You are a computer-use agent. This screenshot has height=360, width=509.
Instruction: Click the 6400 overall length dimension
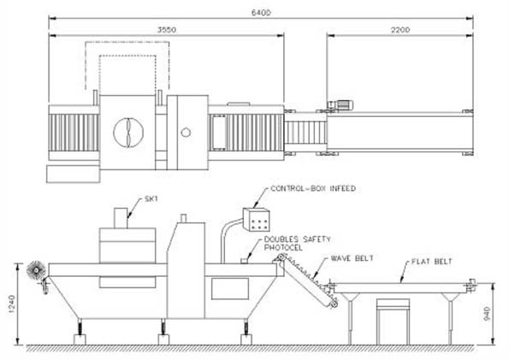(x=261, y=13)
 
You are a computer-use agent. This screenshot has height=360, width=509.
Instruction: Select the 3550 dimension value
(x=167, y=30)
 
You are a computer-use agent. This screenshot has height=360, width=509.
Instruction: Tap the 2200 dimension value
(x=400, y=30)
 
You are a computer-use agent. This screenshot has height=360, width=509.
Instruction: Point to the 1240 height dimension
(x=12, y=304)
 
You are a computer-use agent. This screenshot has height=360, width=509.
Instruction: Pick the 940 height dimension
(x=487, y=314)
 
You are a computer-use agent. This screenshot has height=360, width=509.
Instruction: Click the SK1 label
(x=151, y=199)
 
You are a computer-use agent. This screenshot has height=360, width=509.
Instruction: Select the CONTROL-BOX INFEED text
(x=313, y=188)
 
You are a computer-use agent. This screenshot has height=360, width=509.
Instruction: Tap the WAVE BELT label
(x=352, y=258)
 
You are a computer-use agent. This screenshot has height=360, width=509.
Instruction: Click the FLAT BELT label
(x=432, y=262)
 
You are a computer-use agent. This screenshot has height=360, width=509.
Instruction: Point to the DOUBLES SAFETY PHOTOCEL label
(x=298, y=244)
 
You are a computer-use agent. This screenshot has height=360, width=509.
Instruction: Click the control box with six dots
(x=256, y=220)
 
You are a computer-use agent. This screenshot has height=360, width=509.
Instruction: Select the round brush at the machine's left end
(x=36, y=270)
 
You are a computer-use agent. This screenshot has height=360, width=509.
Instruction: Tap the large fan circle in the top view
(x=128, y=133)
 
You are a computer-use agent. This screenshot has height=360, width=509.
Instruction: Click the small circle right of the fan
(x=186, y=133)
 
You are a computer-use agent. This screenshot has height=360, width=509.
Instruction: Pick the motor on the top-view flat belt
(x=340, y=105)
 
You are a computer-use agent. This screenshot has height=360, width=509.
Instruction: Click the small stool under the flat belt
(x=393, y=322)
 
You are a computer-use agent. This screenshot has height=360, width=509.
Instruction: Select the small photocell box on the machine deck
(x=244, y=261)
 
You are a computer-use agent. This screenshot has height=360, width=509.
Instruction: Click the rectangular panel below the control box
(x=230, y=288)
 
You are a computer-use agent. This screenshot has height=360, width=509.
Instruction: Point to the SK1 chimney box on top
(x=121, y=218)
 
